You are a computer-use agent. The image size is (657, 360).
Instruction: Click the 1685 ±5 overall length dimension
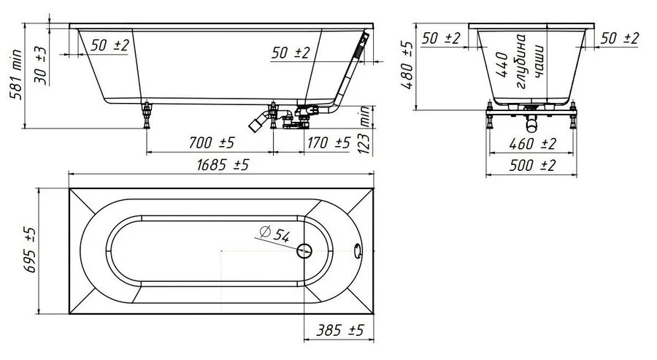223,165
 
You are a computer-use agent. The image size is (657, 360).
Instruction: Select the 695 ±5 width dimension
30,250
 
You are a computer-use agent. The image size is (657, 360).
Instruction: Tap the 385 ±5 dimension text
339,330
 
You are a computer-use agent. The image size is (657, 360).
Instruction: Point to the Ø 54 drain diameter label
274,234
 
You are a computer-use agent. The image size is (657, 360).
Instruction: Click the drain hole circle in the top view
304,250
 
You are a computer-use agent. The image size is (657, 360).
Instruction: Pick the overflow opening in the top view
358,251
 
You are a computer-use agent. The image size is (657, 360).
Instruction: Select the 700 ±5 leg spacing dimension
211,143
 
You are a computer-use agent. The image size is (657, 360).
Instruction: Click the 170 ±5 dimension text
328,143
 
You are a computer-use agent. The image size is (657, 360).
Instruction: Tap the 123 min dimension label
365,130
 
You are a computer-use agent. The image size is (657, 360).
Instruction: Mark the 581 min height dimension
15,74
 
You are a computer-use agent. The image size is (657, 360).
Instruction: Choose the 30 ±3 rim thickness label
40,66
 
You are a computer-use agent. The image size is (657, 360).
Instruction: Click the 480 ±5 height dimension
407,64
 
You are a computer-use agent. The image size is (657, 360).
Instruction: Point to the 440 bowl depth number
502,64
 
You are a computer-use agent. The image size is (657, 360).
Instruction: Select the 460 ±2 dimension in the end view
532,144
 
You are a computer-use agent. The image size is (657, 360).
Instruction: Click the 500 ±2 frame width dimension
532,165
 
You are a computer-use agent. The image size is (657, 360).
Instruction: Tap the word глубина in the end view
521,61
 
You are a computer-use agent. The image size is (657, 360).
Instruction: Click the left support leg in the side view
147,115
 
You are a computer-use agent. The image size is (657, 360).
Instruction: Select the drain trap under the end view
531,122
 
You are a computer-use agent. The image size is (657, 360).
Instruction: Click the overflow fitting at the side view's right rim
362,45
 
